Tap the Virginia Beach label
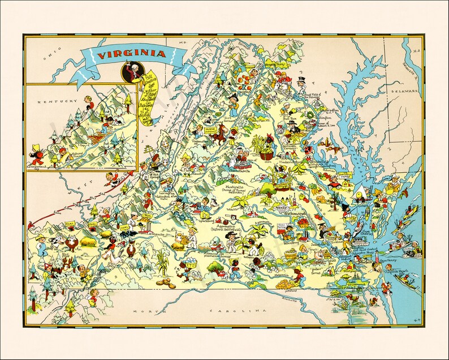[394, 271]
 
